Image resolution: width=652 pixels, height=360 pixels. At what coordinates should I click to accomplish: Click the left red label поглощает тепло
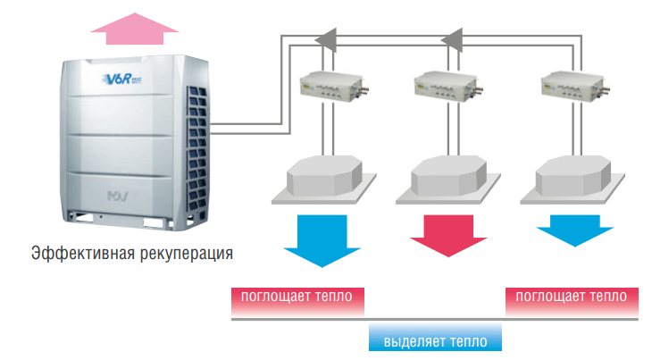tap(297, 296)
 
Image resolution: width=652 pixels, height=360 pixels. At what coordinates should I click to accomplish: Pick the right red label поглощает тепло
tap(571, 296)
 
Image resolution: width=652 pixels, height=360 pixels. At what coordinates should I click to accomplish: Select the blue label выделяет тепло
tap(435, 340)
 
